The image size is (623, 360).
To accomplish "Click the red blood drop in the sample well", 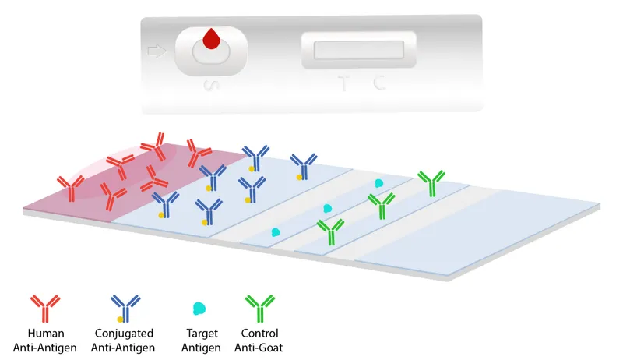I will (211, 39).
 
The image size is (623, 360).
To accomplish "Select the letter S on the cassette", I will (208, 84).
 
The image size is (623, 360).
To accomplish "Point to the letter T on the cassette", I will (343, 83).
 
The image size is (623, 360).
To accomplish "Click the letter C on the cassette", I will (379, 83).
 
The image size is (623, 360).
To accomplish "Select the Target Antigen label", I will (200, 341).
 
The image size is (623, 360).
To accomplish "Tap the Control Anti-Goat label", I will (261, 341).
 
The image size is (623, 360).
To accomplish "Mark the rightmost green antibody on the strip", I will (431, 183).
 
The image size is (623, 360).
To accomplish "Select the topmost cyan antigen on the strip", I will (379, 183).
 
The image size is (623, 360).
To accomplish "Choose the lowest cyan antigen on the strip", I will (275, 232).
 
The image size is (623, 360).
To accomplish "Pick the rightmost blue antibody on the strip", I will (303, 166).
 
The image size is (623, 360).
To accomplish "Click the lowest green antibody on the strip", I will (330, 231).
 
